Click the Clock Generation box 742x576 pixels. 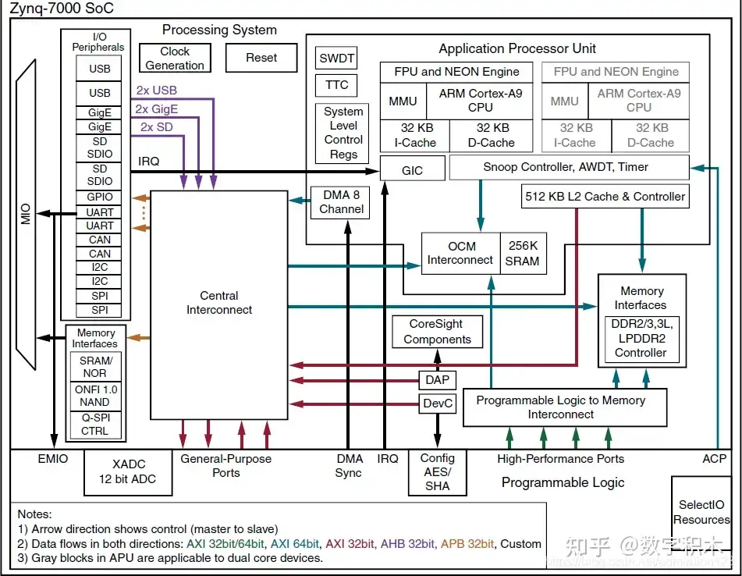[175, 58]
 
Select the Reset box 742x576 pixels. [261, 58]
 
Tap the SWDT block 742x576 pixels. [336, 59]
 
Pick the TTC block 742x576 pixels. [336, 85]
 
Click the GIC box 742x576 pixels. [412, 169]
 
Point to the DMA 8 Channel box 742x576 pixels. [341, 202]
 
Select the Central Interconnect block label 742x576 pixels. [219, 303]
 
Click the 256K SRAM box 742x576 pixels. [522, 254]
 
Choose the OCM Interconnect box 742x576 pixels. [460, 254]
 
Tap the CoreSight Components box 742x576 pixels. [437, 332]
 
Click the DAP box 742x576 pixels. [437, 380]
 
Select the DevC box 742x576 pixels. [437, 404]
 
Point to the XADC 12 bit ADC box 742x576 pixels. [128, 472]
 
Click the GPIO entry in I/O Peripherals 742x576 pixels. [99, 197]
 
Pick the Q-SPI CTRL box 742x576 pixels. [94, 424]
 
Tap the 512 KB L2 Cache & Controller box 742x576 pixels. [605, 197]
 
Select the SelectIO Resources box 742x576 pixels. [701, 513]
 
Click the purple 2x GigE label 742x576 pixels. [156, 109]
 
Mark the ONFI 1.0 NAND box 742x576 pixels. [94, 396]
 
